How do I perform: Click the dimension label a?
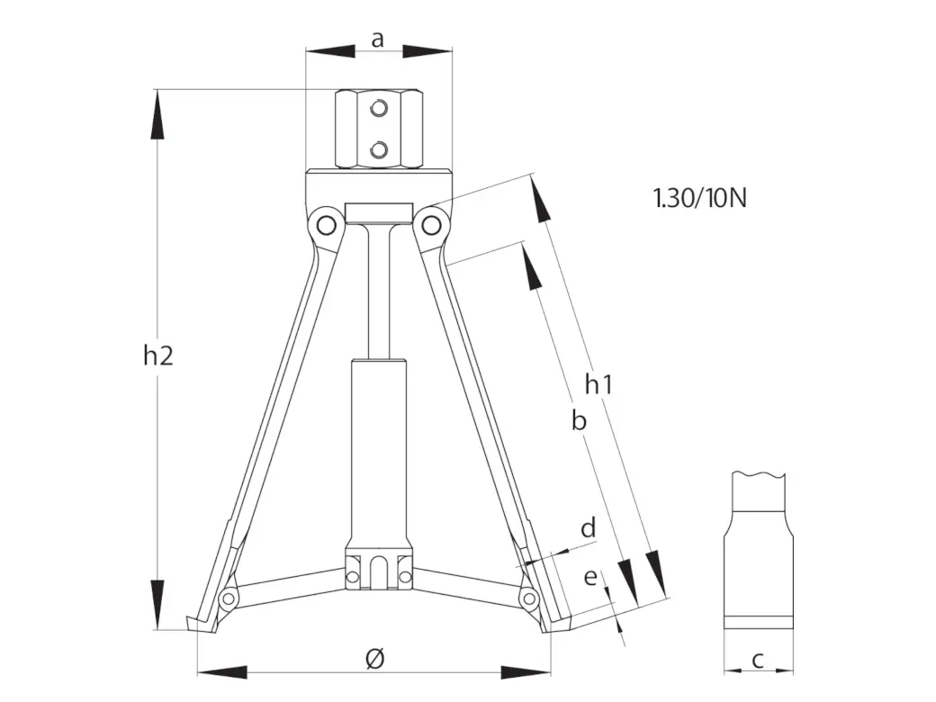tap(377, 40)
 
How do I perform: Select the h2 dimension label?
tap(158, 355)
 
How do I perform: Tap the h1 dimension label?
tap(598, 384)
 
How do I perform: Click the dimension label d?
tap(589, 527)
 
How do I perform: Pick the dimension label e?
tap(589, 577)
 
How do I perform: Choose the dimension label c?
tap(758, 661)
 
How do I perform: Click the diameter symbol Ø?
tap(374, 659)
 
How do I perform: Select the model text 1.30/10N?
tap(699, 198)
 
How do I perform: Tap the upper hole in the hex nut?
tap(379, 109)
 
